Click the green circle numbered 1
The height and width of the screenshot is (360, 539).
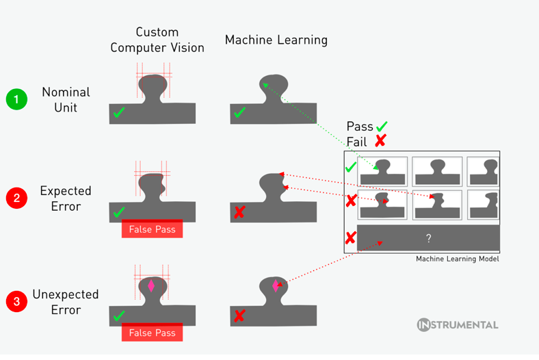(x=16, y=99)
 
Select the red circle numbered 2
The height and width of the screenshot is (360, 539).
(x=16, y=198)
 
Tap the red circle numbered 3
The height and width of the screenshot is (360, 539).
(x=16, y=302)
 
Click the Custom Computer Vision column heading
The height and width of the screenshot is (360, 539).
(x=157, y=40)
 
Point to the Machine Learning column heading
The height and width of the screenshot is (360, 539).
(x=276, y=40)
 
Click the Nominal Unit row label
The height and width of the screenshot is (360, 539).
(x=66, y=99)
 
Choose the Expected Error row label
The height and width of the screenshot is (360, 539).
(x=66, y=198)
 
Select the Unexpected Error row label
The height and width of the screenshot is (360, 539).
(x=66, y=302)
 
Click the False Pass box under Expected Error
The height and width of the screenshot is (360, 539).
(x=152, y=229)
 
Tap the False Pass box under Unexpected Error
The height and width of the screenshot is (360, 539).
(x=152, y=333)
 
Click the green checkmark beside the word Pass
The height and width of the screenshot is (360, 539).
(x=382, y=126)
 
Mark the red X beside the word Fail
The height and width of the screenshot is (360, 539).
(x=380, y=141)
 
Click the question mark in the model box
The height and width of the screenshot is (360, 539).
(x=428, y=238)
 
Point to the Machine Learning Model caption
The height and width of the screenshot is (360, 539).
(x=458, y=259)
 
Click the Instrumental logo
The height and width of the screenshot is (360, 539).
(x=458, y=325)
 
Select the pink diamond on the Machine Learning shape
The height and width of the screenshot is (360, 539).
(x=276, y=286)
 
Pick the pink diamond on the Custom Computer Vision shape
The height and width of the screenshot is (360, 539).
(x=151, y=285)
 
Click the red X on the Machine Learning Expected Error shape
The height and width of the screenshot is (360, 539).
(x=239, y=212)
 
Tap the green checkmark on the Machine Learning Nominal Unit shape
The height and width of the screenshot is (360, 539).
(x=239, y=112)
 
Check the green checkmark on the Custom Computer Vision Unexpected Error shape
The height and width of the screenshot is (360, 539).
(x=118, y=316)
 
